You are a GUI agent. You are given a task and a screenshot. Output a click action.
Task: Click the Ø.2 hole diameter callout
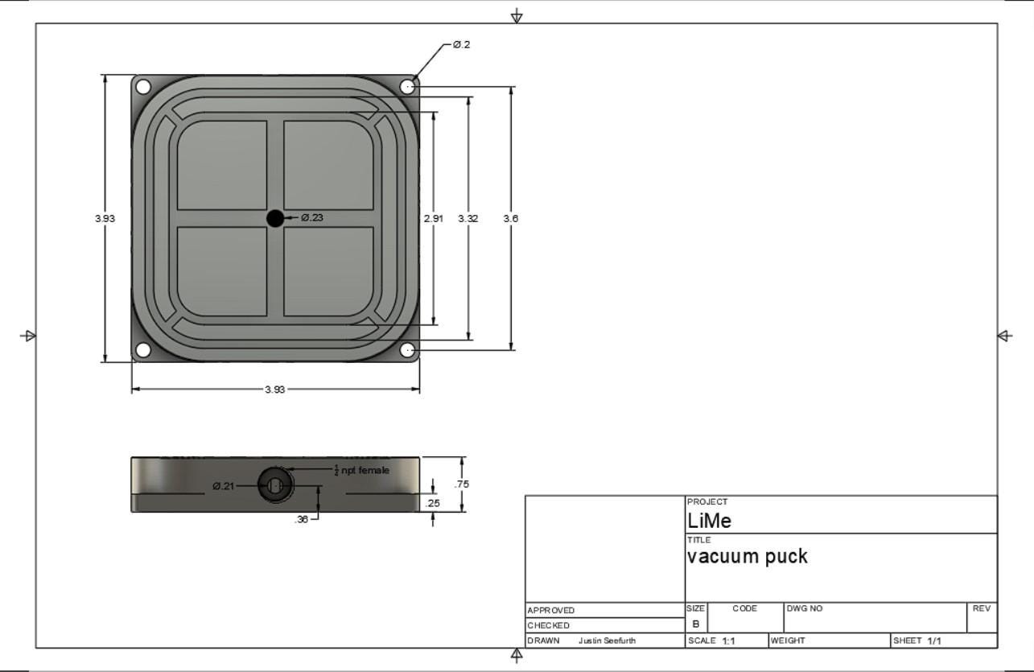[461, 44]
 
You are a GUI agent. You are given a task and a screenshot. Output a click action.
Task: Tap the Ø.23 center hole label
[312, 217]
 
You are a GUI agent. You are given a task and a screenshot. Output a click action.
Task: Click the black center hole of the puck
[275, 218]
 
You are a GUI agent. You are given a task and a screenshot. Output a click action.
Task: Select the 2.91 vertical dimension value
[434, 218]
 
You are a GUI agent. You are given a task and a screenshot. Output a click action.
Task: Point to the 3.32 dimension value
[468, 218]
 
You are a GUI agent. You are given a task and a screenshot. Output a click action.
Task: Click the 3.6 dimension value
[510, 218]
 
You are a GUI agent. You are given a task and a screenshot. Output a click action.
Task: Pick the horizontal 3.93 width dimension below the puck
[274, 389]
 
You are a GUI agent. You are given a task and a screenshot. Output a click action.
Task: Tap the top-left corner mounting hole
[143, 86]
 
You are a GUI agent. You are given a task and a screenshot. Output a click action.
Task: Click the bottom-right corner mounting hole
[406, 350]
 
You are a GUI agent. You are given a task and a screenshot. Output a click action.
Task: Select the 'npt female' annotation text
[365, 470]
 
